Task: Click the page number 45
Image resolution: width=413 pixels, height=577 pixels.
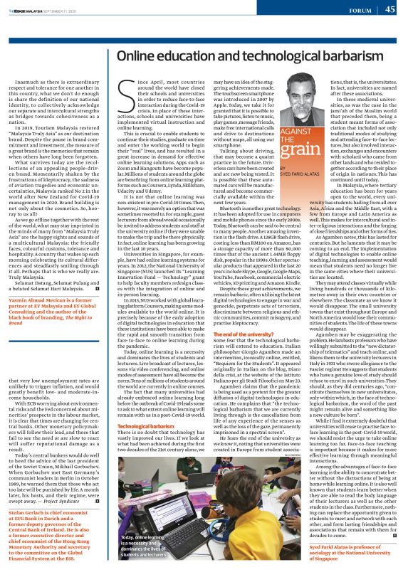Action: (x=390, y=9)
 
